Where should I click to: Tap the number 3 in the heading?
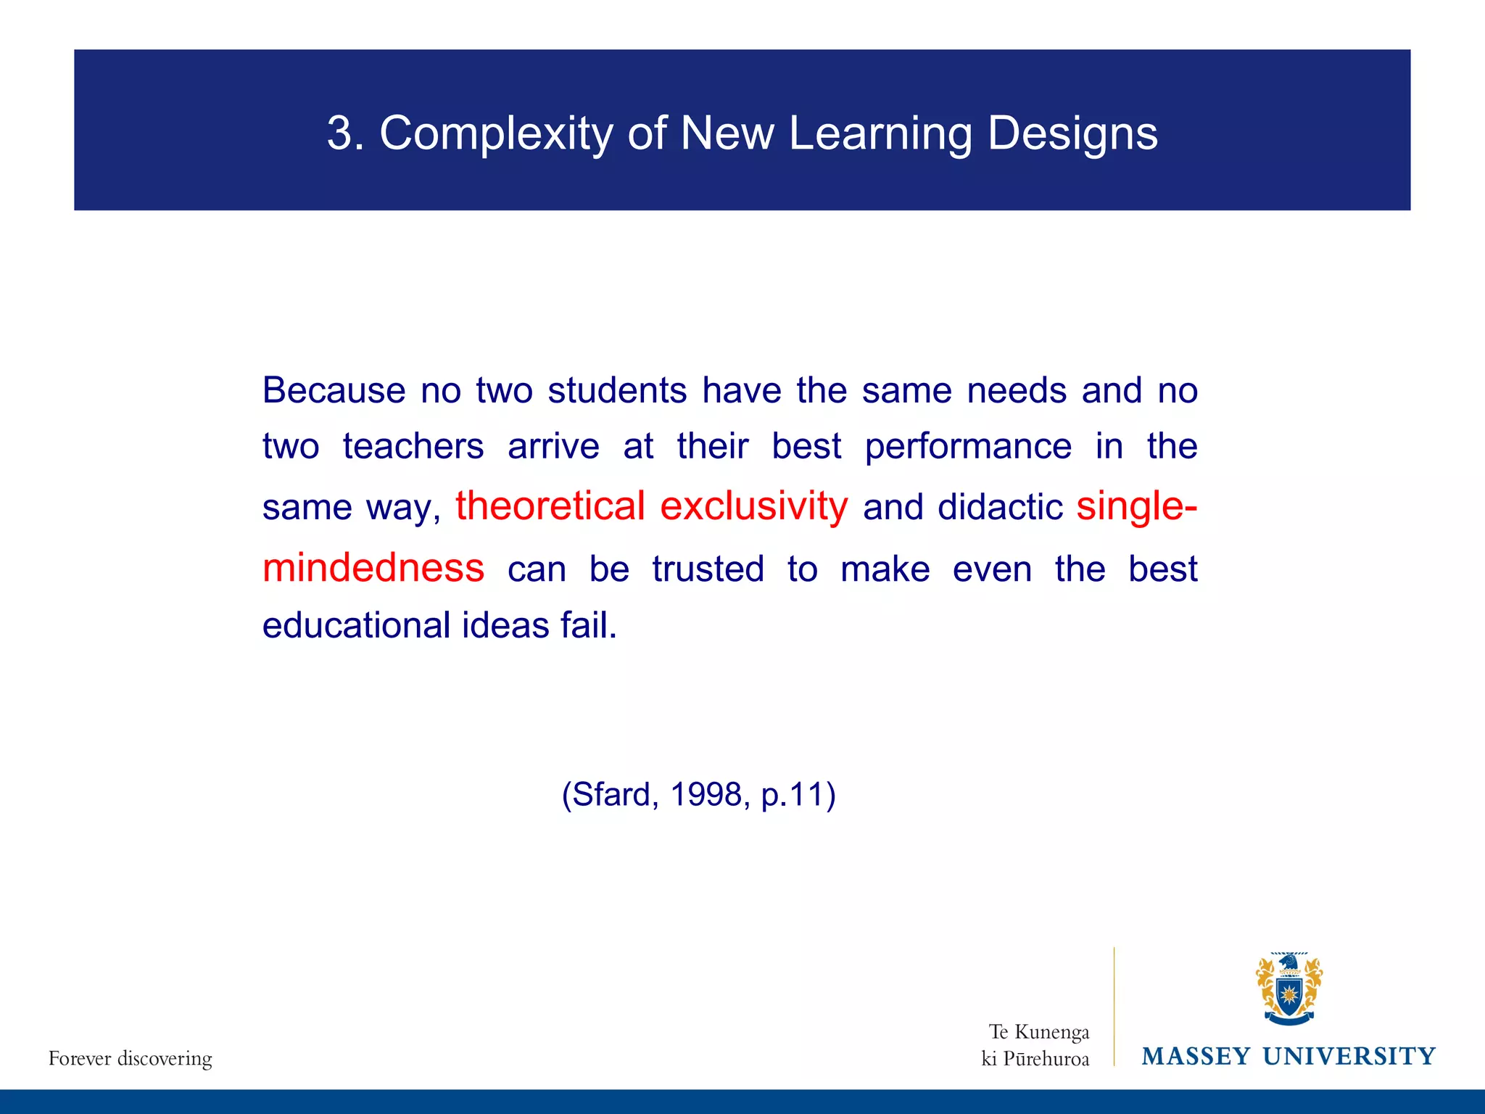[x=341, y=133]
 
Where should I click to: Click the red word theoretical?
[x=550, y=506]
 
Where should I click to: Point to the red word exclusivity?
[x=753, y=506]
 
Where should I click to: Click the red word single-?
[x=1136, y=506]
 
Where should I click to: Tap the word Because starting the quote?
[x=334, y=391]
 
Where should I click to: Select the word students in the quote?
[x=617, y=391]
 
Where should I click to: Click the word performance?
[x=968, y=447]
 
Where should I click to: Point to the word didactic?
[x=1000, y=507]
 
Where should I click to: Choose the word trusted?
[x=708, y=569]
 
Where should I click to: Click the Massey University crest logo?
[x=1288, y=989]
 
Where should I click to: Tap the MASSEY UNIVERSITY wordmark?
[x=1288, y=1057]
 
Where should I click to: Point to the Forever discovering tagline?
[x=131, y=1059]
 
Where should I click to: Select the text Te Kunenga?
[x=1038, y=1032]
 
